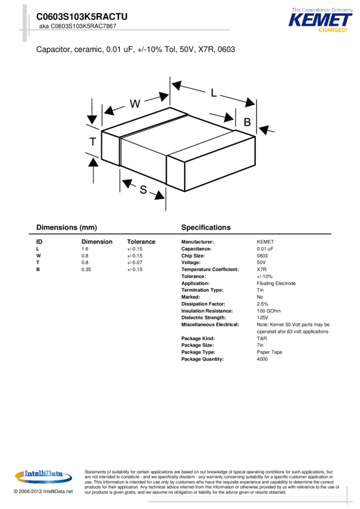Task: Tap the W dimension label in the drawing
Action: coord(135,104)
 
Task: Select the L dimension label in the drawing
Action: coord(214,93)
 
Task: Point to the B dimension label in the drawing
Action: coord(247,122)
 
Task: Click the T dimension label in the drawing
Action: coord(93,142)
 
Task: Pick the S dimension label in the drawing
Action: coord(144,190)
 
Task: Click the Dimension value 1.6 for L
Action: coord(85,249)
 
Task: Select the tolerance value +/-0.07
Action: coord(134,262)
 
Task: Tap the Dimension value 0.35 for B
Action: coord(86,269)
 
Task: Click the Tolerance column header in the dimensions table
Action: coord(141,242)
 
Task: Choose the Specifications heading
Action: coord(205,228)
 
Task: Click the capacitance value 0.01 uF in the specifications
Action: coord(265,249)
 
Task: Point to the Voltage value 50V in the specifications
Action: coord(261,262)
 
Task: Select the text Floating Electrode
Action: coord(276,283)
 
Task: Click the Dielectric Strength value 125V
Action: coord(262,317)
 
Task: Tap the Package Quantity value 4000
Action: coord(262,359)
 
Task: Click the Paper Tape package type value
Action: coord(270,352)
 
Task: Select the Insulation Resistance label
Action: coord(207,311)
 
